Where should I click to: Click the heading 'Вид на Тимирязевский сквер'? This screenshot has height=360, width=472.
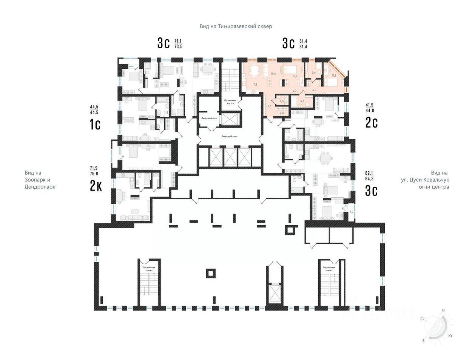(236, 26)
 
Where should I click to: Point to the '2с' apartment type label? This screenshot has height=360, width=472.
(371, 122)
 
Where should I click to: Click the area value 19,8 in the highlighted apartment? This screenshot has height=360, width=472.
(273, 74)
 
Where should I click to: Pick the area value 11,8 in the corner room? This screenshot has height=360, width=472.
(333, 75)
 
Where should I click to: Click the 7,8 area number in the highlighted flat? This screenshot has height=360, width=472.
(255, 85)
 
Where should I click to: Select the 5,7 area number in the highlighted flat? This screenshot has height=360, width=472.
(302, 101)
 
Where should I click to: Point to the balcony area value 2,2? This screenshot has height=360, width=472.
(351, 212)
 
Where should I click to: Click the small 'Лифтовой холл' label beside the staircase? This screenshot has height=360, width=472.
(209, 118)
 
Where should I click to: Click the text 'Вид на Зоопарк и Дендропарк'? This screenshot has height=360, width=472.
(40, 180)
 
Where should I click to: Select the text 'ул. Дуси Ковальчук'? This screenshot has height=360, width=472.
(425, 180)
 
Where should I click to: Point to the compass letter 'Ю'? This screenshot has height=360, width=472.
(449, 335)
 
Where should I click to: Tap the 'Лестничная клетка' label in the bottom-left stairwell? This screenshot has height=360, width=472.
(149, 269)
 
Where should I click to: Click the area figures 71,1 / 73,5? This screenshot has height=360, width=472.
(178, 43)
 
